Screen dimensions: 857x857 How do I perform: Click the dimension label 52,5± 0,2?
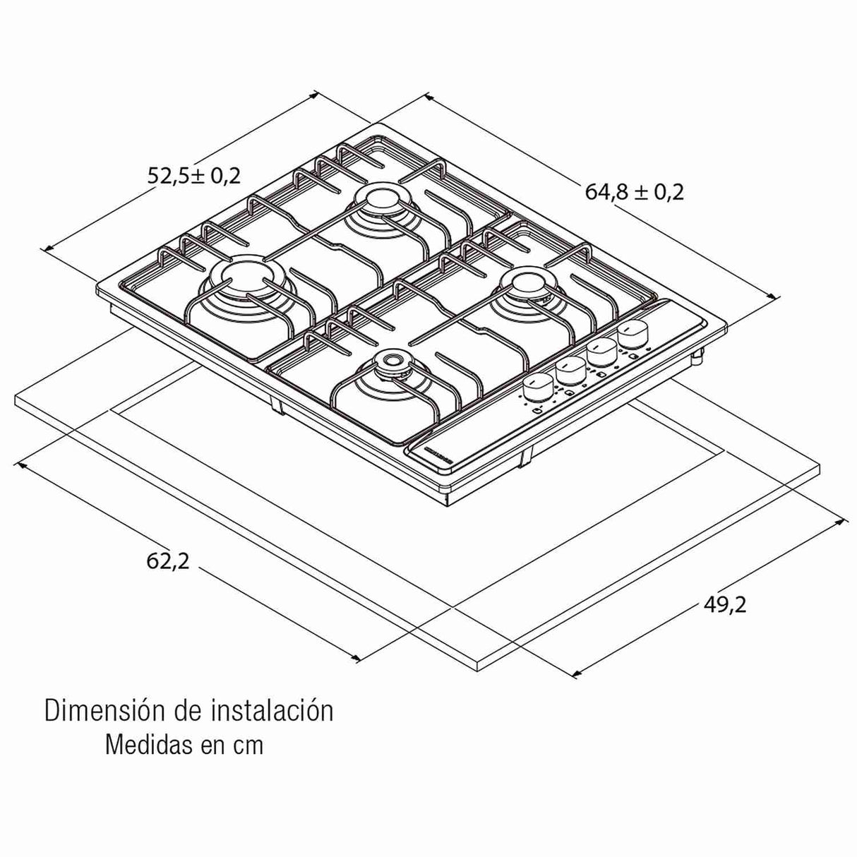click(194, 175)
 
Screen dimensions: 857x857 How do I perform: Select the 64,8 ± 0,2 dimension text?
click(634, 191)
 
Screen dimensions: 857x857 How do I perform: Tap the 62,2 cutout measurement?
click(168, 561)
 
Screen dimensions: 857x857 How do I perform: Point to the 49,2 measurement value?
click(724, 604)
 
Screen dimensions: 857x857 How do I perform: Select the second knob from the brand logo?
click(571, 368)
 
